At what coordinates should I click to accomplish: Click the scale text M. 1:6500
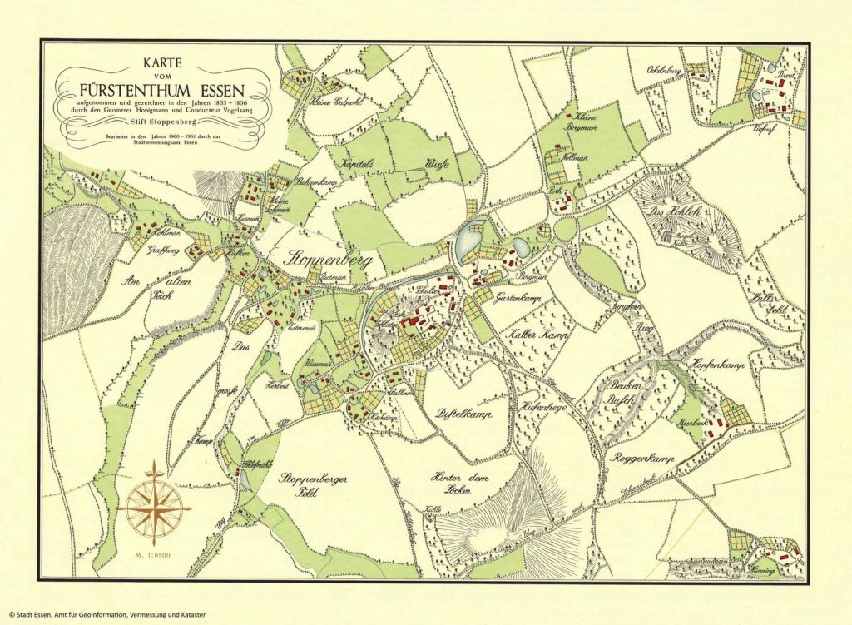152,553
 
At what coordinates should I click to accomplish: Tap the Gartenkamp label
518,297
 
